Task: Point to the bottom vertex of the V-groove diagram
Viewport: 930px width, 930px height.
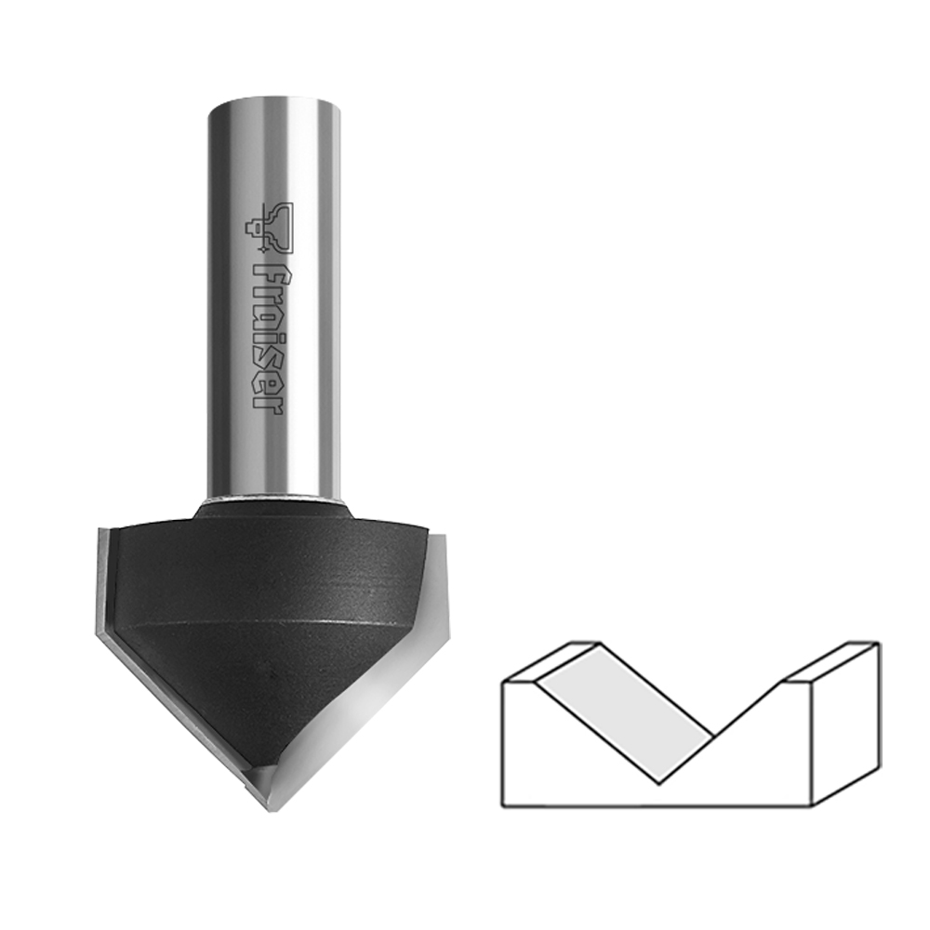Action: pos(659,784)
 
